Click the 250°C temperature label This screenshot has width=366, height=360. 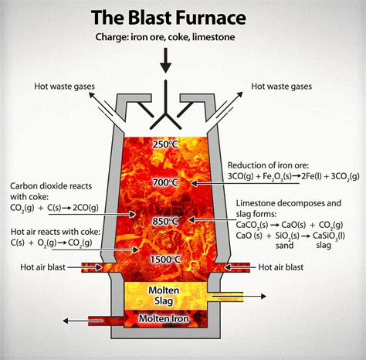(166, 144)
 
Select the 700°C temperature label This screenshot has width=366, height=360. (165, 182)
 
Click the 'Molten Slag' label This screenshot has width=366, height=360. (165, 294)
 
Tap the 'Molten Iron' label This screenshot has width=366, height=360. (164, 318)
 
